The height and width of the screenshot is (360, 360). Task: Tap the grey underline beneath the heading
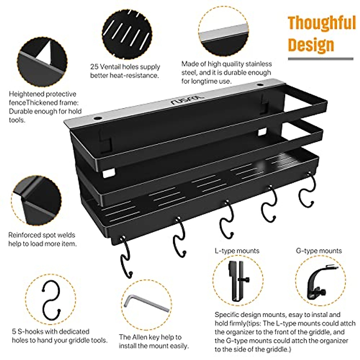(320, 59)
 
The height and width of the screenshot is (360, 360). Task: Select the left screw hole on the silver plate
(97, 117)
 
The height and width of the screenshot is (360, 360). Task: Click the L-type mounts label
(237, 251)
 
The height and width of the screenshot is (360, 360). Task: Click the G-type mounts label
(319, 251)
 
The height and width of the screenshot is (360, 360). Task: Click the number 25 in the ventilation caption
(94, 67)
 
